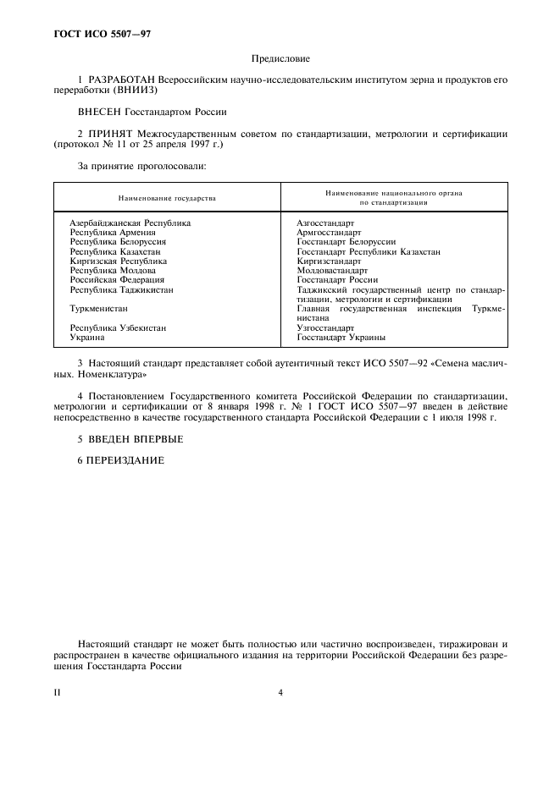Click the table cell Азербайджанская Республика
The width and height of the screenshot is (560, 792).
(x=130, y=223)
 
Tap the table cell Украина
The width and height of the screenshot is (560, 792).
(x=87, y=337)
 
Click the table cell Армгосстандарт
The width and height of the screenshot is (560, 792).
(x=329, y=233)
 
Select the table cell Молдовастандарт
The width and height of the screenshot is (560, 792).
(x=332, y=271)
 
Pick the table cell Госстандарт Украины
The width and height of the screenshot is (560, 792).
(x=341, y=337)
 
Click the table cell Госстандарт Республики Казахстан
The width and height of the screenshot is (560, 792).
(x=369, y=252)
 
